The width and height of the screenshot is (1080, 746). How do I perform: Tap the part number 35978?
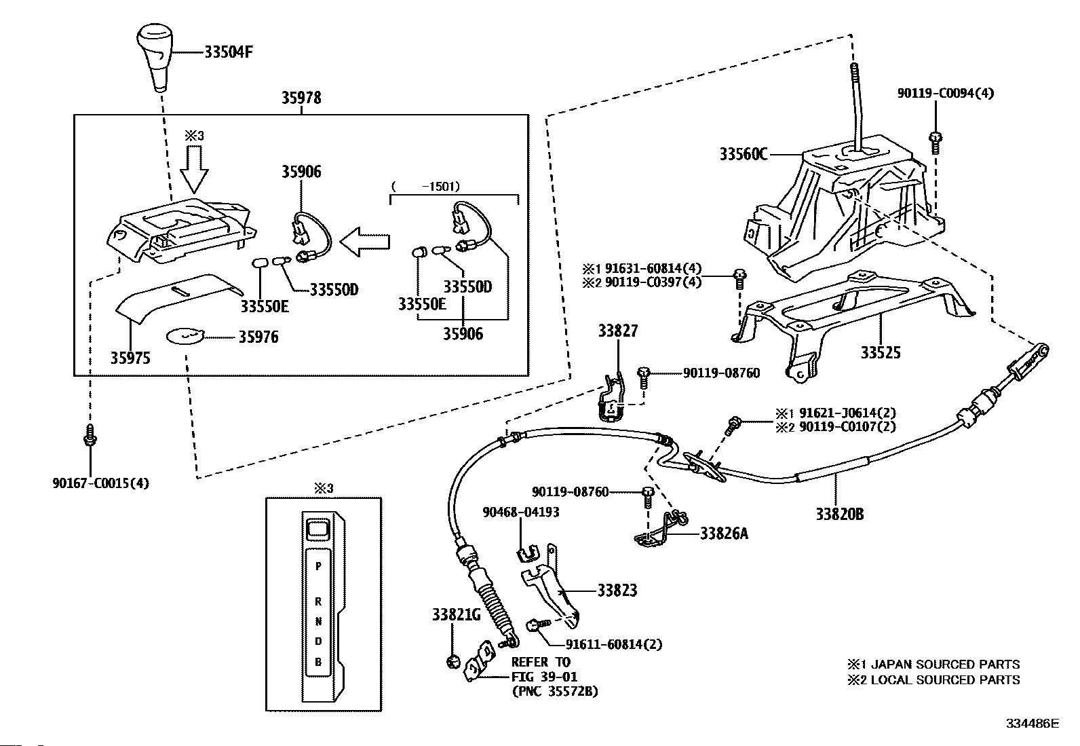click(301, 98)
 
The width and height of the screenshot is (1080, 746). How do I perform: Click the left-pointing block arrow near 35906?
click(365, 241)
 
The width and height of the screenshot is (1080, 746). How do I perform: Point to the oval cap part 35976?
click(185, 336)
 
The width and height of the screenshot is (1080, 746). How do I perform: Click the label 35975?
click(130, 358)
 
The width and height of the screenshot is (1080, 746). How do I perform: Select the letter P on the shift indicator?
click(318, 565)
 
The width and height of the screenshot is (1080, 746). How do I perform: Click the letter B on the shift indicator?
click(318, 662)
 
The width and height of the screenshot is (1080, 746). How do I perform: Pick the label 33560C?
click(743, 155)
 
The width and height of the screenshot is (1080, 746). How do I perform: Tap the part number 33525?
click(881, 353)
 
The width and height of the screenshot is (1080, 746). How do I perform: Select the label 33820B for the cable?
click(840, 514)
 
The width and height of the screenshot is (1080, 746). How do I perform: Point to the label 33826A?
click(724, 534)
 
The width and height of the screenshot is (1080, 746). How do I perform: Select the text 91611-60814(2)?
click(613, 644)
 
